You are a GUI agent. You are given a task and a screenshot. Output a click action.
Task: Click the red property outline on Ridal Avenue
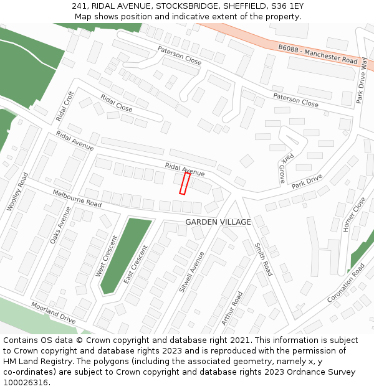tap(185, 184)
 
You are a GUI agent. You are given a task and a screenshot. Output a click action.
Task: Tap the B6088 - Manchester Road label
tap(318, 54)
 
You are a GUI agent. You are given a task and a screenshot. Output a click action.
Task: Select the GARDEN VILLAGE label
tap(218, 222)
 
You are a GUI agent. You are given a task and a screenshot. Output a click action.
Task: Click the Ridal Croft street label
tap(65, 106)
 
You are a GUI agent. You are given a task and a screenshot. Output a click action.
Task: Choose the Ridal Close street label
tap(117, 103)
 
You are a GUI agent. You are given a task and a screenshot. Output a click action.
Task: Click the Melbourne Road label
tap(77, 199)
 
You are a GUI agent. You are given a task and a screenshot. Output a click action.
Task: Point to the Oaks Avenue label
tap(60, 225)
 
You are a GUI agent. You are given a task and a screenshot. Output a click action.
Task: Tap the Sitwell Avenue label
tap(191, 272)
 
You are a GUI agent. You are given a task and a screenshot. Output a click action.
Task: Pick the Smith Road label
tap(263, 260)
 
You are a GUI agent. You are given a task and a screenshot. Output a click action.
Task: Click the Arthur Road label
tap(231, 308)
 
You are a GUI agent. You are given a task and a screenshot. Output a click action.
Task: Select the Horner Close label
tap(355, 215)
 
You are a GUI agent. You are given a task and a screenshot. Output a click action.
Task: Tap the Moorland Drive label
tap(54, 312)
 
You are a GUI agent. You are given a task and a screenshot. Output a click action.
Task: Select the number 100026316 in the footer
tap(27, 382)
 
